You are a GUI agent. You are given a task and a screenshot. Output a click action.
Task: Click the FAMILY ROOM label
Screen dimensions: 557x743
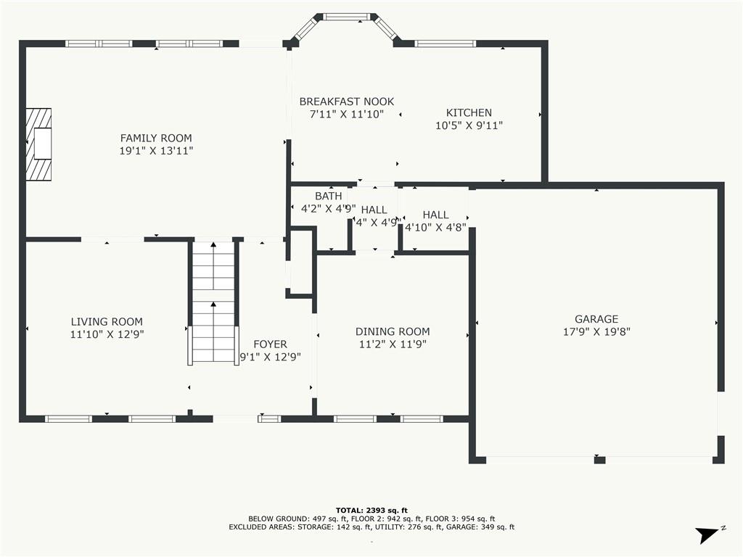point(156,138)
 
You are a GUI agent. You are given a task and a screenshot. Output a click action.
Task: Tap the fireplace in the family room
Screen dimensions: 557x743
point(41,144)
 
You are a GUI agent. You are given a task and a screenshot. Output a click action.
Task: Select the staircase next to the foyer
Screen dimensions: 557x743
point(213,303)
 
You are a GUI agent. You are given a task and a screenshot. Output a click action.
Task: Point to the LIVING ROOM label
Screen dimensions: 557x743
point(107,322)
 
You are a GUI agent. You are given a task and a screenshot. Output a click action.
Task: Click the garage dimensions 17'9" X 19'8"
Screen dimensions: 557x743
point(596,331)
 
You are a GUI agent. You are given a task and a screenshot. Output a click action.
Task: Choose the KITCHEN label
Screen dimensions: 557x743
point(469,112)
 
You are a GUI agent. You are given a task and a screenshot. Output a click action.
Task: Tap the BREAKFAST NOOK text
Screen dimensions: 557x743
point(347,102)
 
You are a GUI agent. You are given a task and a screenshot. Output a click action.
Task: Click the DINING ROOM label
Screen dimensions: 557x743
point(393,331)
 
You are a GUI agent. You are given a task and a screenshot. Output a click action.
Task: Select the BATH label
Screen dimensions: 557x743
point(328,196)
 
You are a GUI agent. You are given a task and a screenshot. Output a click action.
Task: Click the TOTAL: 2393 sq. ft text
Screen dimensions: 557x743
point(371,510)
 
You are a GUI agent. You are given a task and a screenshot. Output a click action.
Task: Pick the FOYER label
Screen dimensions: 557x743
point(270,344)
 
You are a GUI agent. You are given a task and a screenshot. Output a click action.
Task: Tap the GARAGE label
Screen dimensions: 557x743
point(596,318)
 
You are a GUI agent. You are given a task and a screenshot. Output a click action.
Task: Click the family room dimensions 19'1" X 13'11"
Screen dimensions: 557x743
point(156,151)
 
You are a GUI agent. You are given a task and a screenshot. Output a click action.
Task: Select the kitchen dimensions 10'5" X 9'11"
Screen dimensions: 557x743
point(469,125)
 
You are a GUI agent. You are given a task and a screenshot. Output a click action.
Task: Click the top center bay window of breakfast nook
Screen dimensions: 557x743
point(346,16)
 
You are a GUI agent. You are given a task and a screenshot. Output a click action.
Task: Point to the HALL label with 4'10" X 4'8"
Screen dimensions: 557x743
point(435,215)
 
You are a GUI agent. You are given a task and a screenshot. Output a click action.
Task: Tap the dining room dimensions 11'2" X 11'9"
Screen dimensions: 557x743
point(393,344)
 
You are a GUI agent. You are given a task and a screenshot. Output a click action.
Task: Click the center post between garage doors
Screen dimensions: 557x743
point(599,459)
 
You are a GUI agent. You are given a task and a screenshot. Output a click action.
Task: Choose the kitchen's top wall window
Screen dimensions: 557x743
point(446,44)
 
